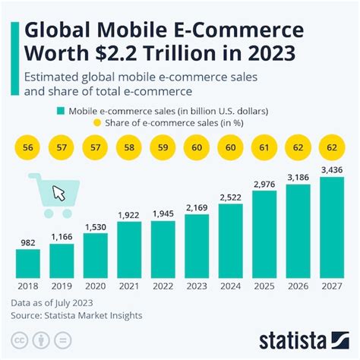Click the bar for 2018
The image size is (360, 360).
[x=27, y=262]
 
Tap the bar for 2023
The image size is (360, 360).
[x=196, y=245]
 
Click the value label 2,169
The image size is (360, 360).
[x=196, y=206]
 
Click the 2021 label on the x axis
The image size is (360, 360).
[x=128, y=287]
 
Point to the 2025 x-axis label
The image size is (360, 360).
[x=264, y=287]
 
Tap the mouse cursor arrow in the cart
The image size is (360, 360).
[x=58, y=192]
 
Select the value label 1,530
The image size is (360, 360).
[x=95, y=226]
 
